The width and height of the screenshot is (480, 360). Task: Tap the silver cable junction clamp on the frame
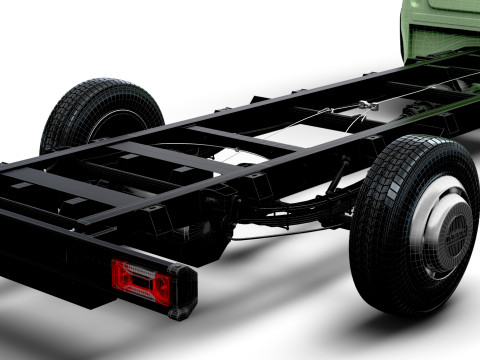point(369,106)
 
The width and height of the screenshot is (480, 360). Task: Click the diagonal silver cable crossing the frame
point(320,120)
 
